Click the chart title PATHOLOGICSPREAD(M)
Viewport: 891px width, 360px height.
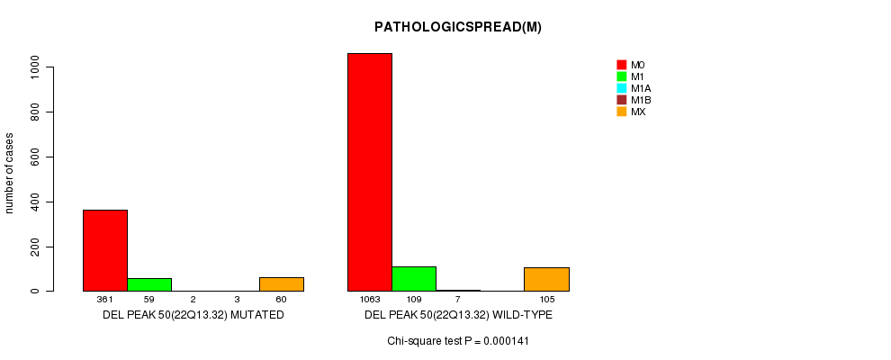[458, 27]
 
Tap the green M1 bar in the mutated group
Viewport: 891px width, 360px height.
[149, 284]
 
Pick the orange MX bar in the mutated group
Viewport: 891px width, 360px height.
[282, 284]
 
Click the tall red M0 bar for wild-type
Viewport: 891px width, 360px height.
[370, 172]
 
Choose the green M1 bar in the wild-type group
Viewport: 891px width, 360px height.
[414, 279]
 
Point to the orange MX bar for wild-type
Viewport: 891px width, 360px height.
[546, 279]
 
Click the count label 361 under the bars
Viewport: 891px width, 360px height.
[105, 300]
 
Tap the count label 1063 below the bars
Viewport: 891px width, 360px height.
[370, 300]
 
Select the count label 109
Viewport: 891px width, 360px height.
[414, 300]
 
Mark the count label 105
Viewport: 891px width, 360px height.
[546, 300]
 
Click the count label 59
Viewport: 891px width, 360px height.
[149, 300]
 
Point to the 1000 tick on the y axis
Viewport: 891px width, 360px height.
[34, 67]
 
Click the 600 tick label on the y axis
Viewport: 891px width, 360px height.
[34, 157]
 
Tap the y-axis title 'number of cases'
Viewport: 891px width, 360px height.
[10, 173]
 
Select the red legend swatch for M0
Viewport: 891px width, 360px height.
[621, 65]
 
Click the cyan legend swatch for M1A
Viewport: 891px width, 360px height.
[621, 88]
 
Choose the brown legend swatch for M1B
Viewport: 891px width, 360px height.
[621, 100]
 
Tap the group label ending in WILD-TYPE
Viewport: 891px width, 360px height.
[458, 315]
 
